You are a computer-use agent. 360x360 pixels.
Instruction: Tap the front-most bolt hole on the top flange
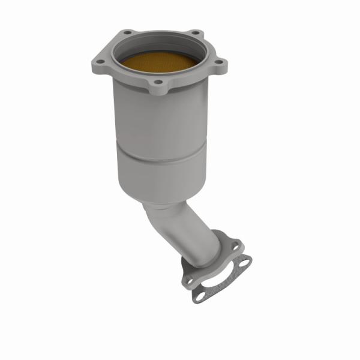point(158,82)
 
